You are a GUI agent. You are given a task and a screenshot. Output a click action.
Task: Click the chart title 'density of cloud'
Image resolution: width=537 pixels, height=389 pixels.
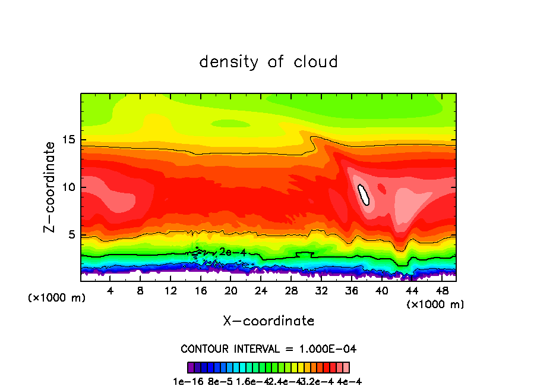click(x=268, y=62)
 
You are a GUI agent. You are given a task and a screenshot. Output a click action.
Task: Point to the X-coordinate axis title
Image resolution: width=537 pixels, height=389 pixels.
click(x=268, y=321)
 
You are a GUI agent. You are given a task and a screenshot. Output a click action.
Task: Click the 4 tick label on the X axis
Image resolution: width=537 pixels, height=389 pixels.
click(x=110, y=291)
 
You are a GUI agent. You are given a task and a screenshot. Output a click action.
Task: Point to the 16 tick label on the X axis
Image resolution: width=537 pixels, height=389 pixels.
click(x=200, y=291)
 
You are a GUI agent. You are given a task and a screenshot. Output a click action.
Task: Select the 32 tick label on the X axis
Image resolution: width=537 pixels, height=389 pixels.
click(x=321, y=291)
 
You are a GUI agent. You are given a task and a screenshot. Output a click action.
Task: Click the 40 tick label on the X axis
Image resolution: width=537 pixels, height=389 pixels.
click(x=382, y=291)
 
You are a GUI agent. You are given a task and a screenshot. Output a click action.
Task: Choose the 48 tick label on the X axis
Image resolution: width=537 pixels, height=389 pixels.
click(x=442, y=291)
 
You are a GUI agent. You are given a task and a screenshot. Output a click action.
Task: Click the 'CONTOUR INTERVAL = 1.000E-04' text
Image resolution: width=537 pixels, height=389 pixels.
click(x=268, y=349)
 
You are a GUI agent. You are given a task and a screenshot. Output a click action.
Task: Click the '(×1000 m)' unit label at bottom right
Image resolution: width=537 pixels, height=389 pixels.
click(x=435, y=305)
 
